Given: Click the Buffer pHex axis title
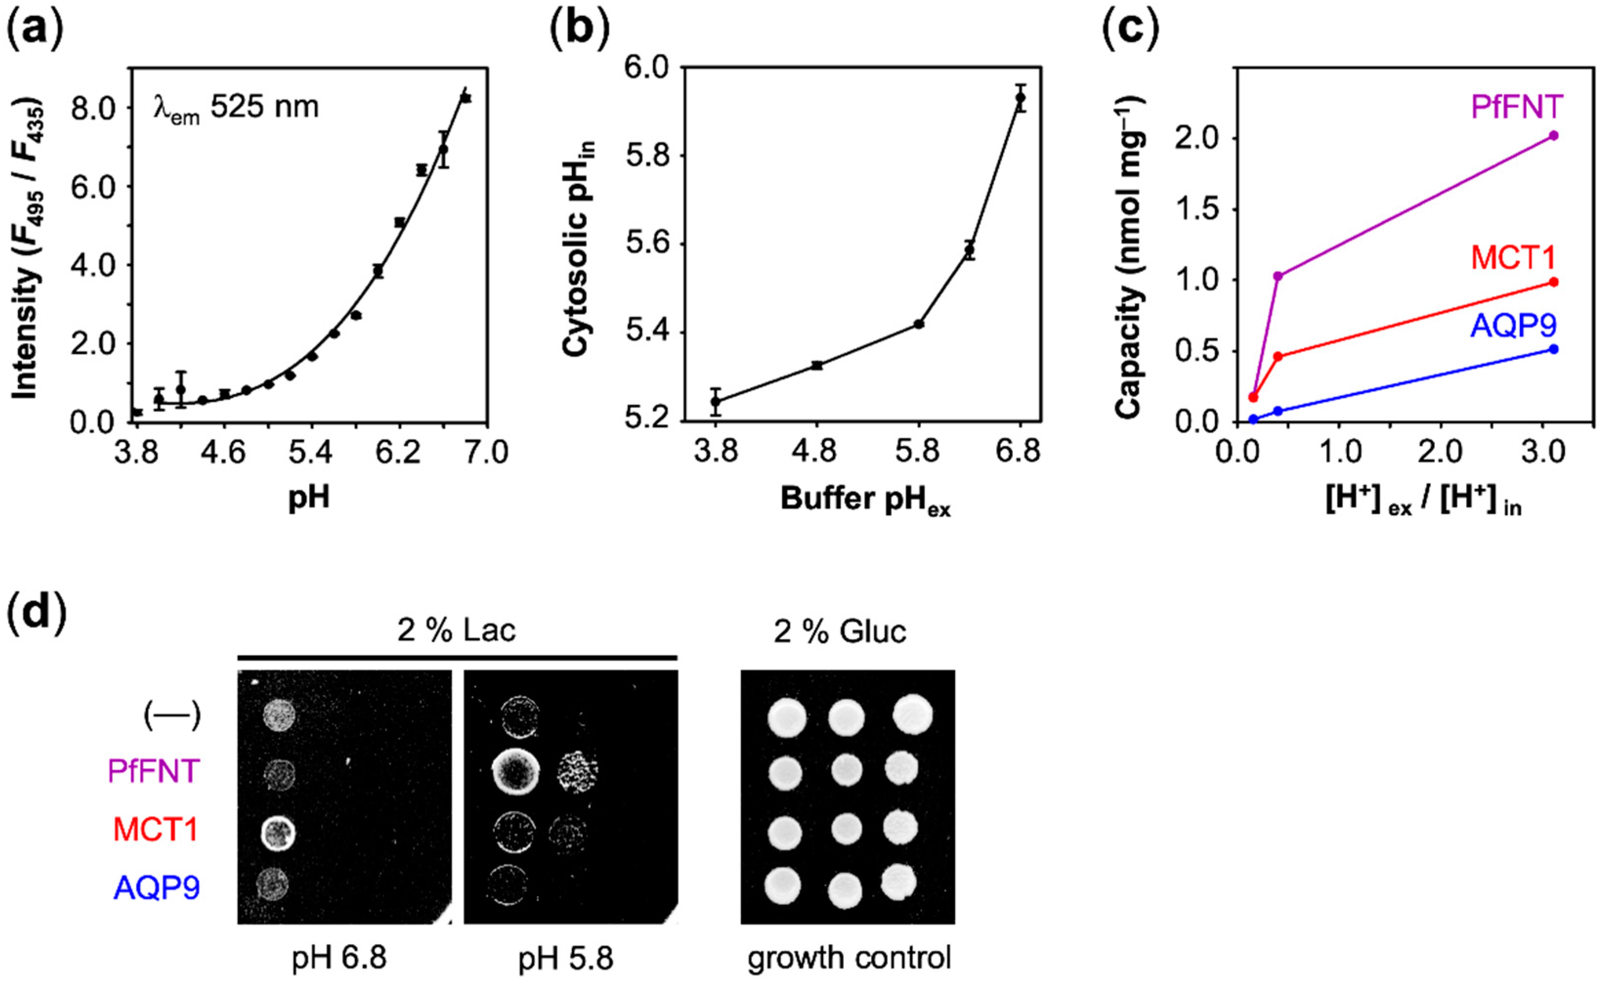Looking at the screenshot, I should click(865, 501).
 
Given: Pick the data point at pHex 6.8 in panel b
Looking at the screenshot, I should click(1020, 98).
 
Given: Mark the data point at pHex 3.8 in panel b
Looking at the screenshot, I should click(715, 401).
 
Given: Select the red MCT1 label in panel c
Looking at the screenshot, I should click(1512, 258).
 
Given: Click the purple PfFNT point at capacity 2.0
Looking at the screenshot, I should click(1554, 135).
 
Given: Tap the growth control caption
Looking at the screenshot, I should click(849, 958).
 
